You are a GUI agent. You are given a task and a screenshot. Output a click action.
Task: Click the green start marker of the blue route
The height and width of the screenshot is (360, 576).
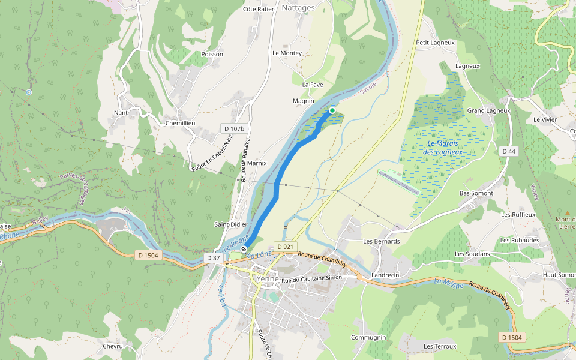point(332,110)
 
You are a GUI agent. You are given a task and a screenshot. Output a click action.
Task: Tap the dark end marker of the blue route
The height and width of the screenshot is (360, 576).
point(244,249)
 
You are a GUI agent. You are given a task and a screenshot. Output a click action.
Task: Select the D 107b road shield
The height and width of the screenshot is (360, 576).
point(235,128)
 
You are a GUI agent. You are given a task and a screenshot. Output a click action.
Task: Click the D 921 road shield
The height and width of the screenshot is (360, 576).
point(285,247)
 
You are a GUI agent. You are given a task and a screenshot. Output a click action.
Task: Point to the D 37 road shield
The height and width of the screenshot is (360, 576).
point(214,257)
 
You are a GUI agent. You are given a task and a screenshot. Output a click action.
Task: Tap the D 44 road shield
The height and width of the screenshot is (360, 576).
point(509,151)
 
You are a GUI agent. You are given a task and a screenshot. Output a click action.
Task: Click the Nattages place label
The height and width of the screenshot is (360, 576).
point(298,8)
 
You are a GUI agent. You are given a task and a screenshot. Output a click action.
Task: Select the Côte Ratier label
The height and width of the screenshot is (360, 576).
point(258,9)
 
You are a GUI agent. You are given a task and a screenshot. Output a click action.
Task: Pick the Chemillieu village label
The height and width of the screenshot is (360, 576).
point(181,123)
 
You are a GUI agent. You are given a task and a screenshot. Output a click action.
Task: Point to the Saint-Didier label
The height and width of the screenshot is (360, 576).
point(231,224)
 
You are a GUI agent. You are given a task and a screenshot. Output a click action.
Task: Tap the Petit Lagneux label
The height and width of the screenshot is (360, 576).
point(435,43)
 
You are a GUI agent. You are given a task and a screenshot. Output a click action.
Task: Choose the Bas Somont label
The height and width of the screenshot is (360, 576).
point(476,193)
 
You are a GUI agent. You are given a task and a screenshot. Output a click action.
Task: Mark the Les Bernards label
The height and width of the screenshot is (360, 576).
point(381,241)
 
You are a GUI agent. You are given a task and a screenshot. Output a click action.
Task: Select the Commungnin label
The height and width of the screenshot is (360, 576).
point(368,338)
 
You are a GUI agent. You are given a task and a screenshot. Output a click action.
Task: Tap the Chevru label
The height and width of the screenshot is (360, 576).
point(113,346)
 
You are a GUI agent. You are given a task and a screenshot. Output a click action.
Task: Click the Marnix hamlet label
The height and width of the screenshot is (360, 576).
point(256,163)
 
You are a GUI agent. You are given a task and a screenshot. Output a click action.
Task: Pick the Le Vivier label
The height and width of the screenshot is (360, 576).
point(545,119)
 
